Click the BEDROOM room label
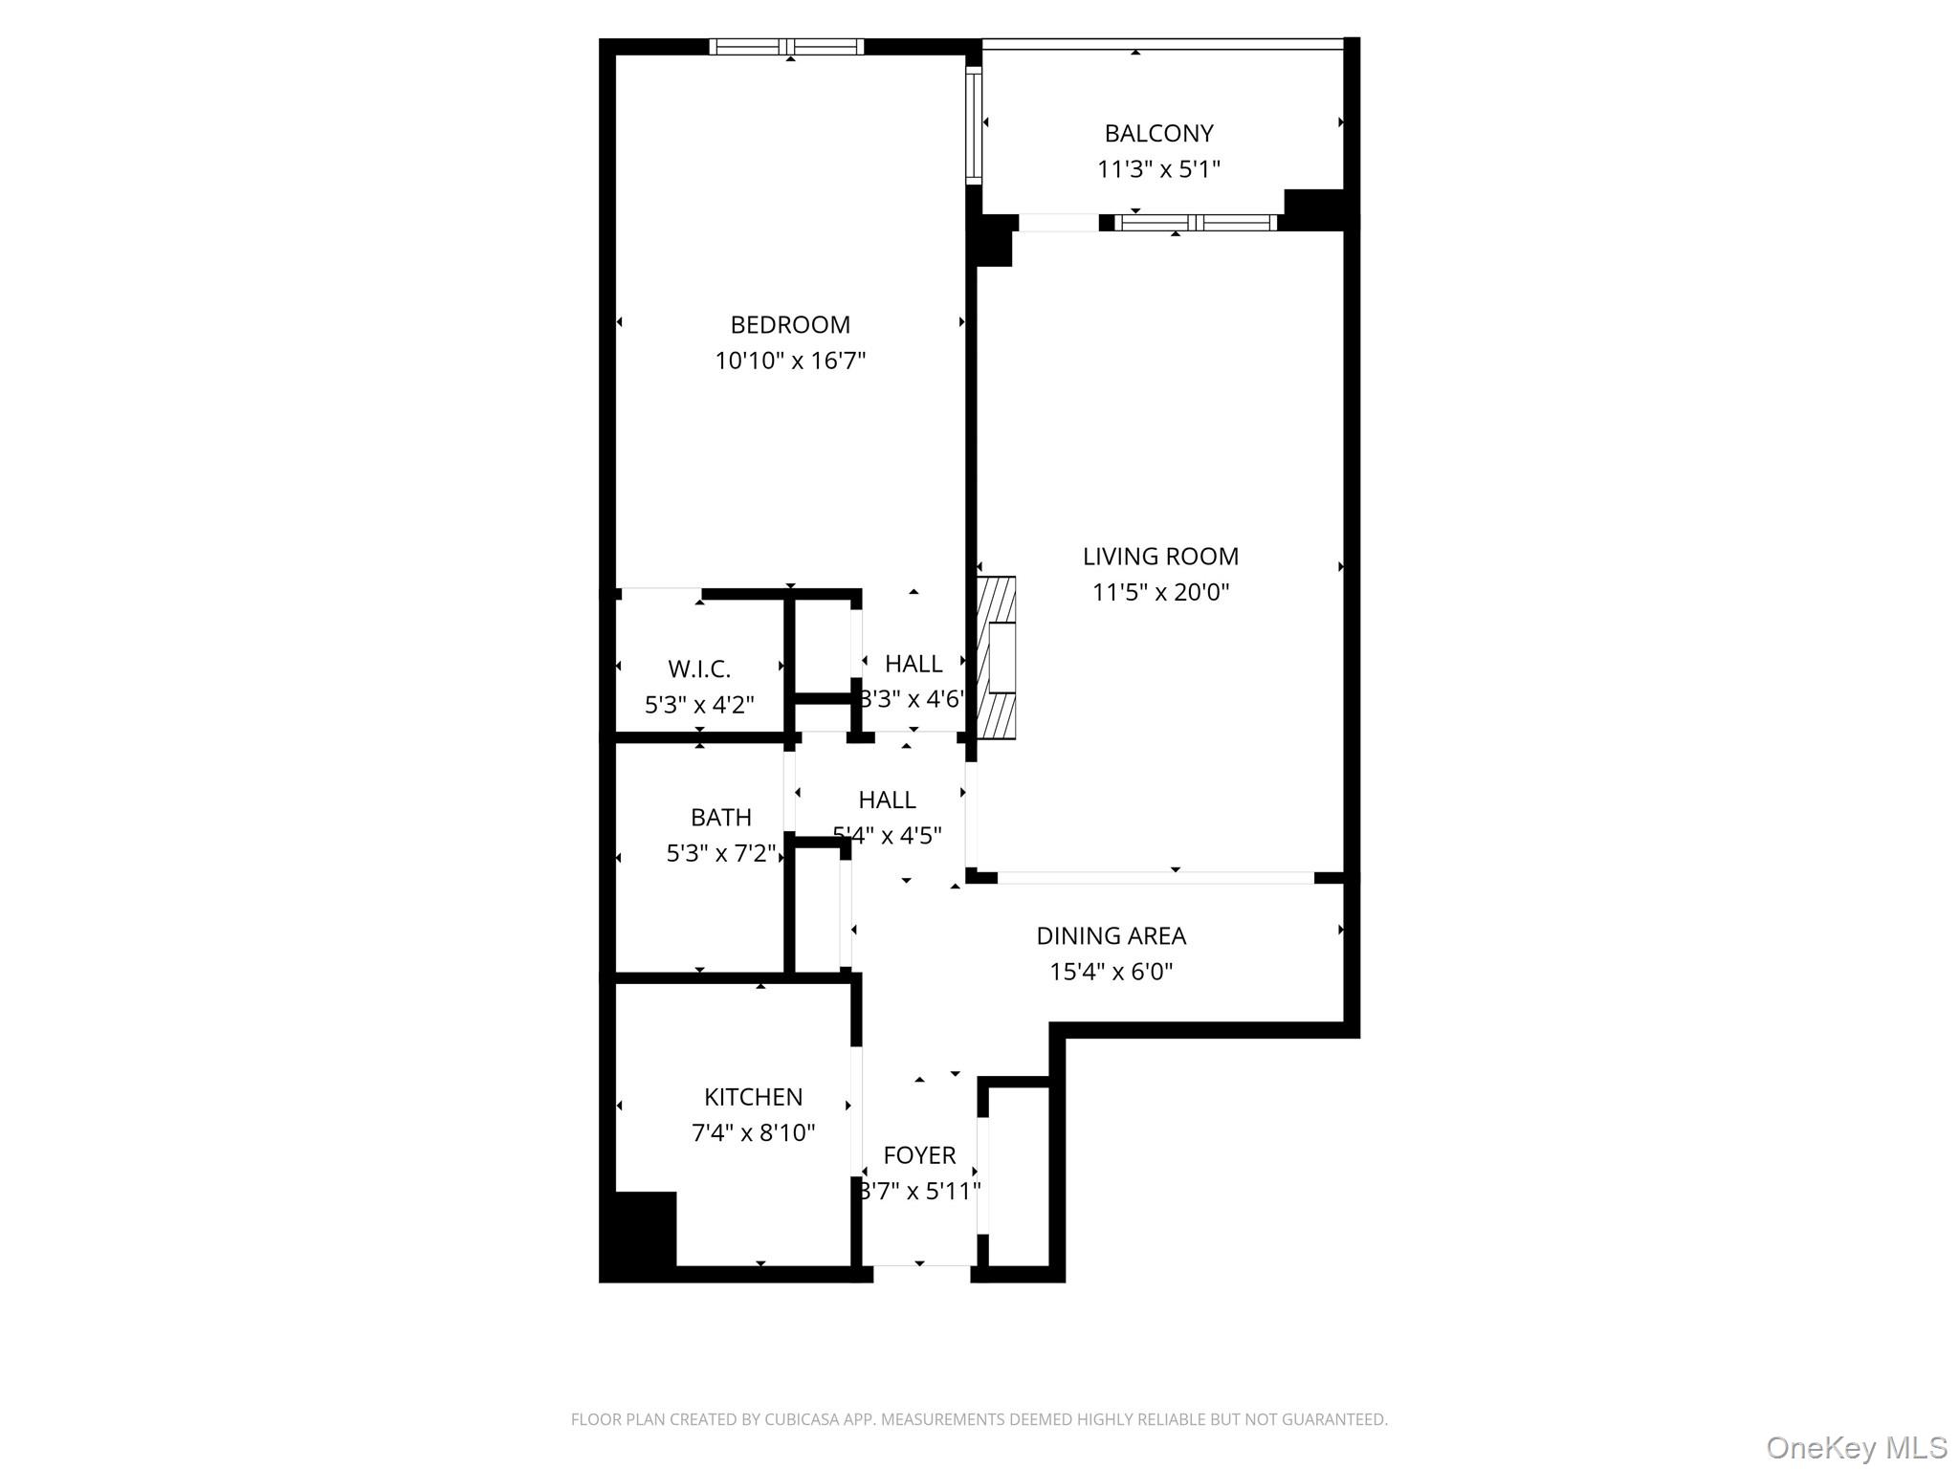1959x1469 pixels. pos(790,325)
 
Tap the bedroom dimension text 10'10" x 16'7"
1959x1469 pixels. pos(790,362)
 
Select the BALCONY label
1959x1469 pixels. pos(1158,134)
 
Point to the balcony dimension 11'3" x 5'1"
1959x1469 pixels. pos(1158,170)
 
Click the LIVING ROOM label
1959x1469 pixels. pos(1160,557)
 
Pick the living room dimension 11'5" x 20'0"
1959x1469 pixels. pos(1160,593)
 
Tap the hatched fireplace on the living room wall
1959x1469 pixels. pos(997,657)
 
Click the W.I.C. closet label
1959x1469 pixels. pos(699,669)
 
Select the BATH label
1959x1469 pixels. pos(720,818)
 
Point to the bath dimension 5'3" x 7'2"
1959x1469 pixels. pos(720,853)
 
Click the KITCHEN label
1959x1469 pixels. pos(753,1097)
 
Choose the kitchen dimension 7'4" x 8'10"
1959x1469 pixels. pos(753,1133)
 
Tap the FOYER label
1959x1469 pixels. pos(919,1155)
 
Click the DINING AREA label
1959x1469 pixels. pos(1111,936)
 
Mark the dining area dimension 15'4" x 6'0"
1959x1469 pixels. pos(1111,973)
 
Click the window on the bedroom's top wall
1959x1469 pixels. pos(786,47)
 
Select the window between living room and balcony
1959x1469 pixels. pos(1196,223)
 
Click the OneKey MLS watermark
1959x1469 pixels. pos(1856,1448)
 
